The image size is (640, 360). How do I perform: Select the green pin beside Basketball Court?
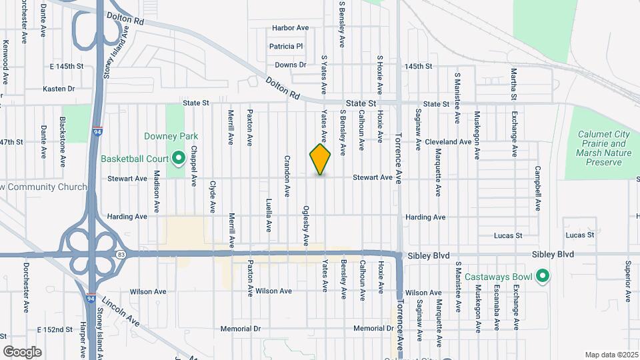[178, 159]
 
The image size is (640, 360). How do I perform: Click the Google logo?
[22, 351]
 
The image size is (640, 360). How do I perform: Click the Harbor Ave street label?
[291, 28]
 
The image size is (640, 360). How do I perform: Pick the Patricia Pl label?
[286, 47]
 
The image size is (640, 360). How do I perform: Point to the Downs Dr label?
[290, 65]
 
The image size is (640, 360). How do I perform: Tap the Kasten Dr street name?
[59, 89]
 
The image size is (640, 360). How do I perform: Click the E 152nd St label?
[55, 330]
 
